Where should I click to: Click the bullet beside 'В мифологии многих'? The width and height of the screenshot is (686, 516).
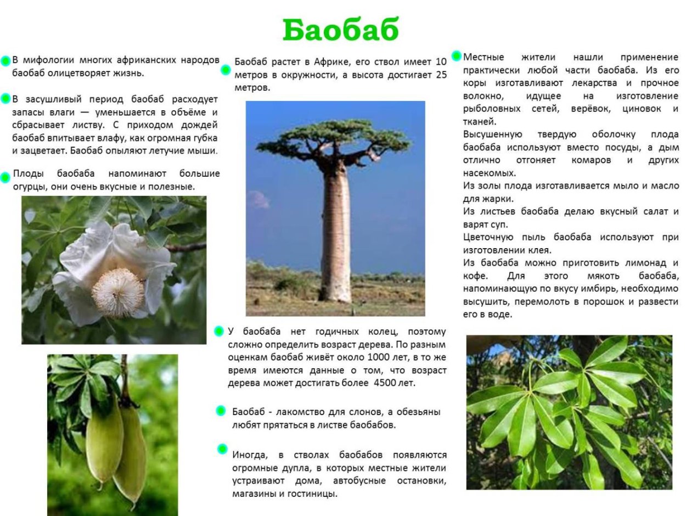tap(6, 60)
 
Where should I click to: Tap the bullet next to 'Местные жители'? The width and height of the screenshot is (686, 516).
tap(456, 55)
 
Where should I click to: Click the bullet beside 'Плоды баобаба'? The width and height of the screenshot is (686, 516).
tap(5, 177)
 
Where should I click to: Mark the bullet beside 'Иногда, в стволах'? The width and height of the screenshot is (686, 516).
tap(222, 449)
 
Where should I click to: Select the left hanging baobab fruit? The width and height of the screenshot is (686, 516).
tap(104, 442)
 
